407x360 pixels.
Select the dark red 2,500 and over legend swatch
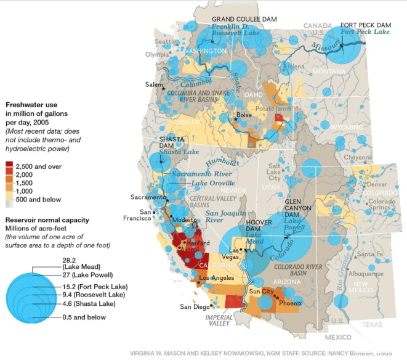point(9,166)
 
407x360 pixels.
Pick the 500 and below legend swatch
point(9,200)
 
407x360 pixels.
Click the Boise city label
point(244,115)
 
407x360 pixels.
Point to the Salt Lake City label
point(273,173)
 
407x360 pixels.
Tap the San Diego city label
point(194,306)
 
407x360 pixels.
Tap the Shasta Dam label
point(170,143)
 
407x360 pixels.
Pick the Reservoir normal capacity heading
point(47,220)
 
